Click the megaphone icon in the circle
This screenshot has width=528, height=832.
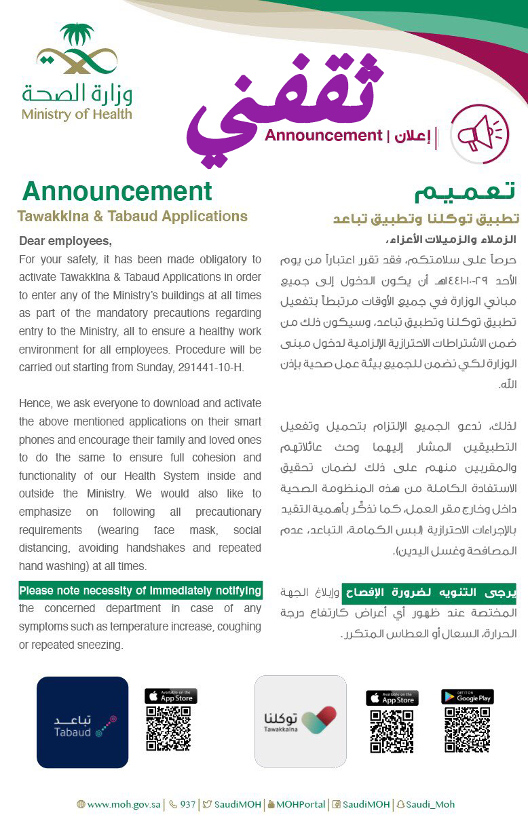pos(479,134)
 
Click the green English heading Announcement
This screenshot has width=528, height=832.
pos(117,191)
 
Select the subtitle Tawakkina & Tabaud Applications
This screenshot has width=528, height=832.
pos(132,216)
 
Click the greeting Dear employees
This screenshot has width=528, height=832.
pos(65,241)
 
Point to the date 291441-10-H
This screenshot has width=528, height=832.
pos(211,367)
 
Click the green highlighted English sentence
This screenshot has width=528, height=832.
pos(140,590)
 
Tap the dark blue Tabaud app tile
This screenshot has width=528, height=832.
pos(82,722)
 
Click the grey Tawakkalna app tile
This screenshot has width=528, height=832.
pos(300,721)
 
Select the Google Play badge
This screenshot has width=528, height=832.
pos(467,697)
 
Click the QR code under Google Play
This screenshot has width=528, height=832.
pos(467,730)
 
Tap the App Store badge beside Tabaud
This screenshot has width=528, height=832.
pos(170,696)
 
